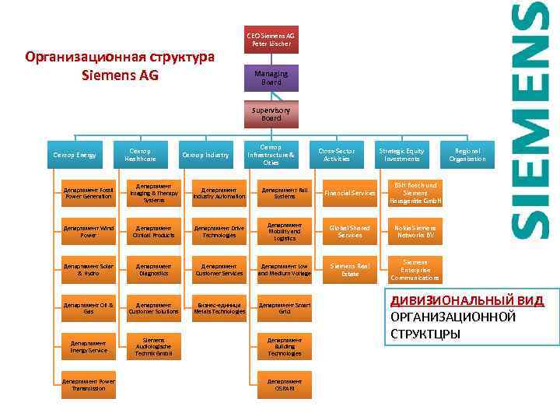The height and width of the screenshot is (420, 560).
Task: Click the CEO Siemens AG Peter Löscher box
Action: coord(271,40)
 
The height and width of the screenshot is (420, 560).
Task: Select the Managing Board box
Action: coord(271,78)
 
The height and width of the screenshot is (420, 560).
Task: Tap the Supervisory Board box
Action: coord(271,114)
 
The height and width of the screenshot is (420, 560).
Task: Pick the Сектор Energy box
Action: coord(75,155)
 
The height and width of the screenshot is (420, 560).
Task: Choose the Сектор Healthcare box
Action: coord(140,155)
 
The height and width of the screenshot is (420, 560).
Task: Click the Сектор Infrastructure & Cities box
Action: coord(271,155)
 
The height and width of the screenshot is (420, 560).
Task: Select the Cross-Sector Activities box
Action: coord(336,155)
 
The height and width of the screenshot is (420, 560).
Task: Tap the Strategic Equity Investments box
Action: coord(401,155)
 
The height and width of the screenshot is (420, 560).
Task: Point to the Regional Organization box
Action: coord(467,155)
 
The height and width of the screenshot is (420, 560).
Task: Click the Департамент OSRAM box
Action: coord(285,385)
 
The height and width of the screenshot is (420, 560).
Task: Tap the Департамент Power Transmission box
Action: coord(89,385)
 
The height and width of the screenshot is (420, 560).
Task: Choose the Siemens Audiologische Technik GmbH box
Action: coord(154,346)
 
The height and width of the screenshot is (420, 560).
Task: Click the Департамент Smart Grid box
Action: coord(285,308)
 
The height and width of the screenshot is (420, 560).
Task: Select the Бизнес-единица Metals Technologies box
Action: coord(219,308)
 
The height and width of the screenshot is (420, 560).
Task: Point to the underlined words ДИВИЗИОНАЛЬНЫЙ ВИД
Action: coord(467,301)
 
